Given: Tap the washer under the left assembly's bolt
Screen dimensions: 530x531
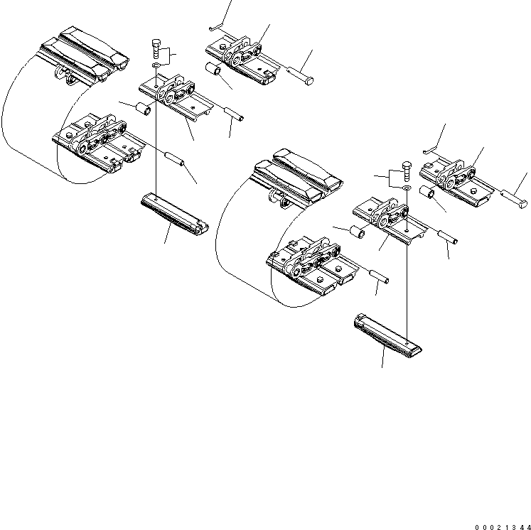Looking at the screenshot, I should [156, 65].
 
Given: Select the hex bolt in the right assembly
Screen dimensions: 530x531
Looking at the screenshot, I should [406, 169].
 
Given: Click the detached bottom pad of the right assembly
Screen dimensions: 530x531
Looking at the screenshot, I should [387, 333].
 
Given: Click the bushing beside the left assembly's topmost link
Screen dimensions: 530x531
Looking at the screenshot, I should [213, 71].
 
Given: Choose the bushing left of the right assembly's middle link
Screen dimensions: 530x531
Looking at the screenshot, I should [359, 234].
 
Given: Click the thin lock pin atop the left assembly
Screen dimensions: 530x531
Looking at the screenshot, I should [218, 28].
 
